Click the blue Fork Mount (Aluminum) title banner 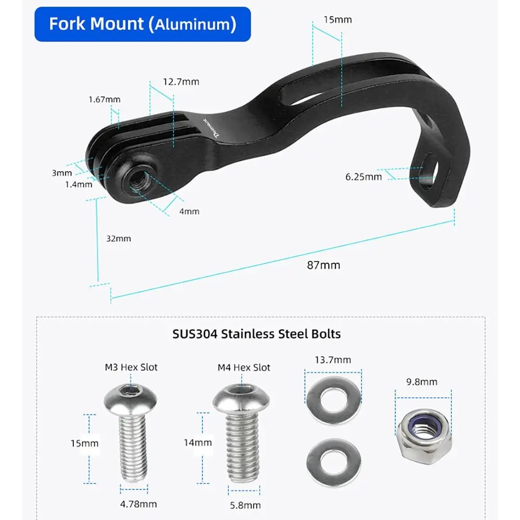(142, 24)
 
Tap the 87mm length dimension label (323, 265)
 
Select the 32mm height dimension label (119, 239)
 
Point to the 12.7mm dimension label (181, 82)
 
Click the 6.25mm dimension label (363, 177)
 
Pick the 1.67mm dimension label (105, 99)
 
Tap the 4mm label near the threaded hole (189, 211)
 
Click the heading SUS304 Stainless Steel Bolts (256, 334)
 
